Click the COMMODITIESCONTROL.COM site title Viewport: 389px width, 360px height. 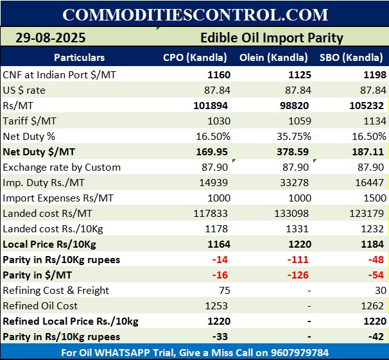(195, 14)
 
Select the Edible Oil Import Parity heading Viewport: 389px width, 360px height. (272, 38)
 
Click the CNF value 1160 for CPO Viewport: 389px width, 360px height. (219, 75)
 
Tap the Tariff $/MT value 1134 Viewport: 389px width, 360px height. (372, 121)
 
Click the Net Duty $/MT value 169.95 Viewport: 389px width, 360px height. (215, 152)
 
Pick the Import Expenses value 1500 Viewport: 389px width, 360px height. (372, 198)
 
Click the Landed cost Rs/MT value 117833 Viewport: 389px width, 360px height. (211, 214)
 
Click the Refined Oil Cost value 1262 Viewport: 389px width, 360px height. (372, 306)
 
